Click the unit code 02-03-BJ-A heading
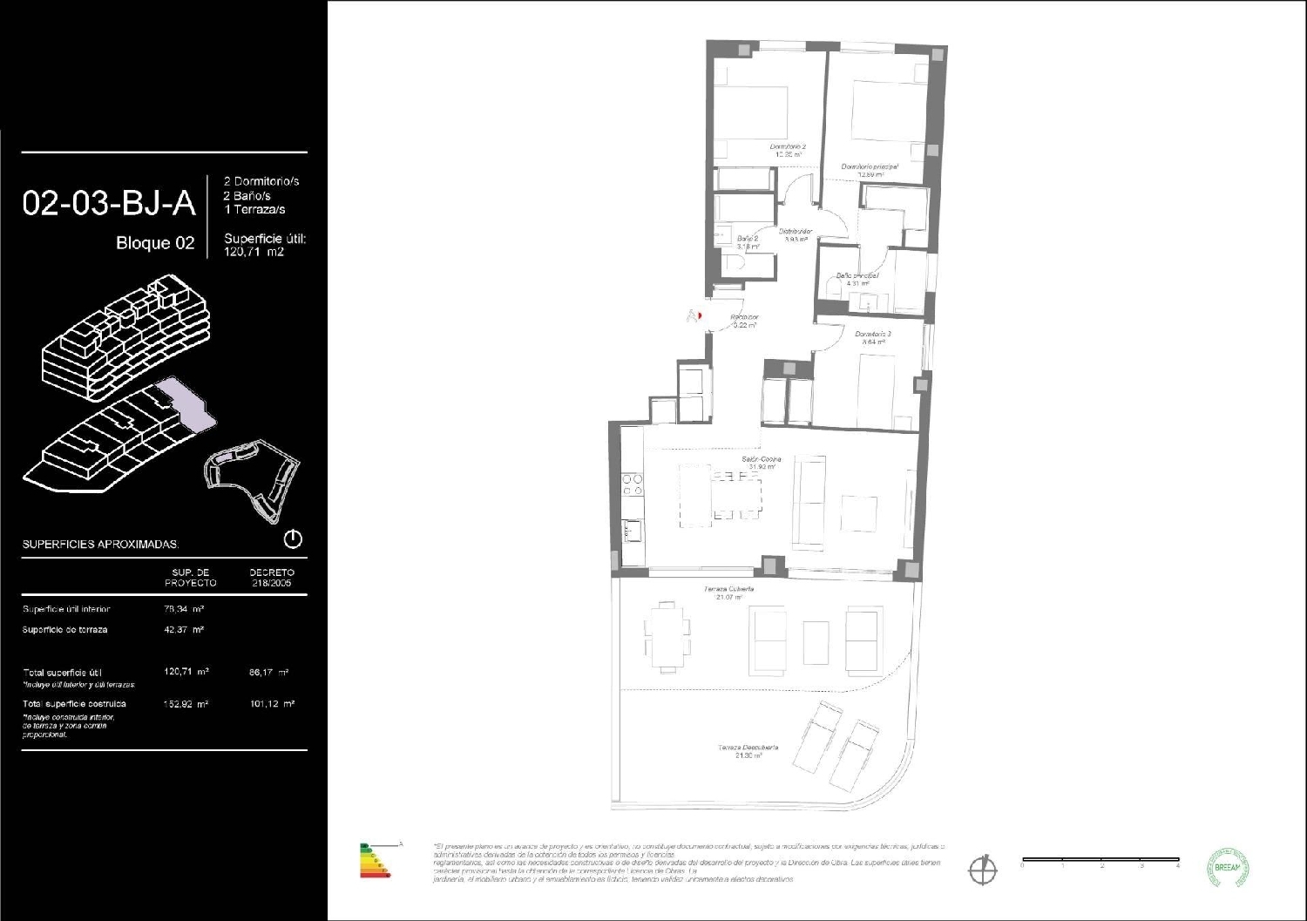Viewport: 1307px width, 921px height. (x=109, y=203)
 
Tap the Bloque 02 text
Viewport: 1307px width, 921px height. (x=155, y=243)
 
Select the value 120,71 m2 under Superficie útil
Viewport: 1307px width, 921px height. (x=254, y=251)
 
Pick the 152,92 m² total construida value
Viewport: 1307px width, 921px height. (x=186, y=703)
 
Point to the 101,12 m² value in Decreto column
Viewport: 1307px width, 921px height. (x=271, y=703)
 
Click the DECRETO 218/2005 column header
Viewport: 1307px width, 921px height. (x=271, y=578)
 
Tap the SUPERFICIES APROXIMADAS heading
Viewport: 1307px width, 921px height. (x=100, y=545)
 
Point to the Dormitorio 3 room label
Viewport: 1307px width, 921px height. (x=872, y=334)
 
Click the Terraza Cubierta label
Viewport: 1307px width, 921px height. (x=728, y=590)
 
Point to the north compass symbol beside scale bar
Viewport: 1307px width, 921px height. (x=983, y=868)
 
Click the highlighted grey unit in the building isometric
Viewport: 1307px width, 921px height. (x=187, y=405)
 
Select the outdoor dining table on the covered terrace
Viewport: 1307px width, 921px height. (x=667, y=635)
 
